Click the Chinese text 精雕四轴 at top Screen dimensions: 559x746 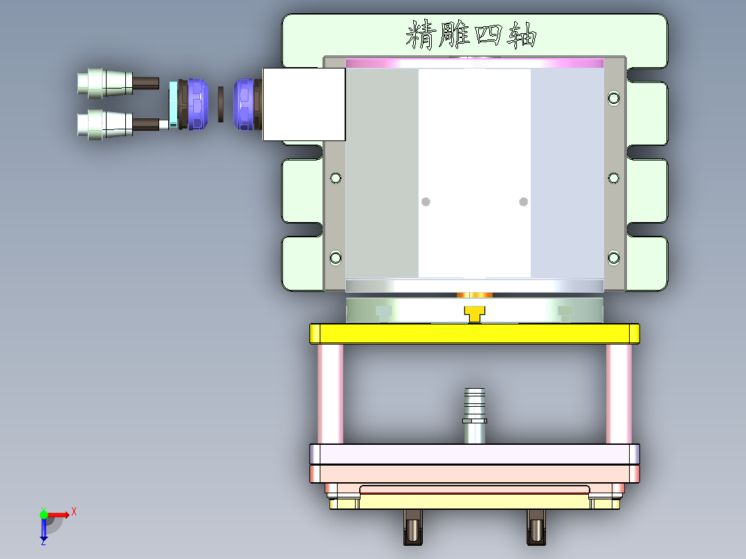coord(471,35)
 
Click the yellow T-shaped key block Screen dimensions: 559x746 coord(474,315)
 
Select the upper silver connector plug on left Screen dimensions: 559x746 coord(104,82)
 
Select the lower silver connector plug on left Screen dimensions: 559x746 coord(104,124)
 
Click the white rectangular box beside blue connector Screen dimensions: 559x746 coord(304,104)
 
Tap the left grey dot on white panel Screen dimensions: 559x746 coord(426,201)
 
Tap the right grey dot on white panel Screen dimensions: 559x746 coord(523,201)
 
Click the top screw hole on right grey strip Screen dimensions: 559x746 coord(614,98)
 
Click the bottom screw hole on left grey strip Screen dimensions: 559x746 coord(336,258)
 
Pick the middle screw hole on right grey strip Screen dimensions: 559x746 coord(614,178)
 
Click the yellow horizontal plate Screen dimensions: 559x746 coord(474,334)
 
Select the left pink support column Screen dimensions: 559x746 coord(330,394)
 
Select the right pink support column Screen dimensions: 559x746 coord(619,394)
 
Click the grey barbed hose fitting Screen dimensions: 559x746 coord(475,415)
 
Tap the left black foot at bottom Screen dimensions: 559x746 coord(412,527)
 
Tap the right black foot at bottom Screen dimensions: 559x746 coord(536,527)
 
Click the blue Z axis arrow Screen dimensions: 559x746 coord(44,531)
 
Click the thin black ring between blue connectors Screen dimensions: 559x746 coord(221,104)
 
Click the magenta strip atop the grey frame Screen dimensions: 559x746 coord(474,63)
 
